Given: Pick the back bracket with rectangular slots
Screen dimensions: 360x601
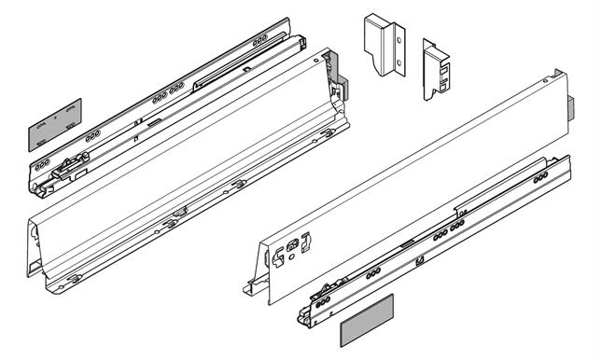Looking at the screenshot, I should (438, 69).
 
